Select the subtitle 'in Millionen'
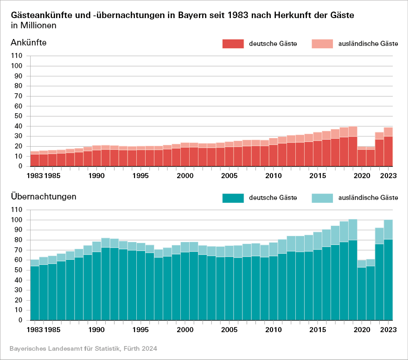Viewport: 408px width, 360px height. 33,26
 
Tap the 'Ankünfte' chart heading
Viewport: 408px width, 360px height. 29,43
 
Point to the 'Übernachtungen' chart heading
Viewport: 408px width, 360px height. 44,197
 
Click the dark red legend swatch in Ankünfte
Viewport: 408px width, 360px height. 233,44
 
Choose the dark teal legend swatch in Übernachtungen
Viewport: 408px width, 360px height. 233,198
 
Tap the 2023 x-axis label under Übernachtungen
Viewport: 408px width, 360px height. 389,330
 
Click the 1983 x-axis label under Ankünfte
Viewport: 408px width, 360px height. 35,176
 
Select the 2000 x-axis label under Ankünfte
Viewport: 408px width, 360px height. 185,176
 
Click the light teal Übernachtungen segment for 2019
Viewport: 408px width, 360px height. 353,230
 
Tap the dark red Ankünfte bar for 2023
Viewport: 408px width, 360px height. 389,151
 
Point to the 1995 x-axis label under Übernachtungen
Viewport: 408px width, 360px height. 141,330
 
